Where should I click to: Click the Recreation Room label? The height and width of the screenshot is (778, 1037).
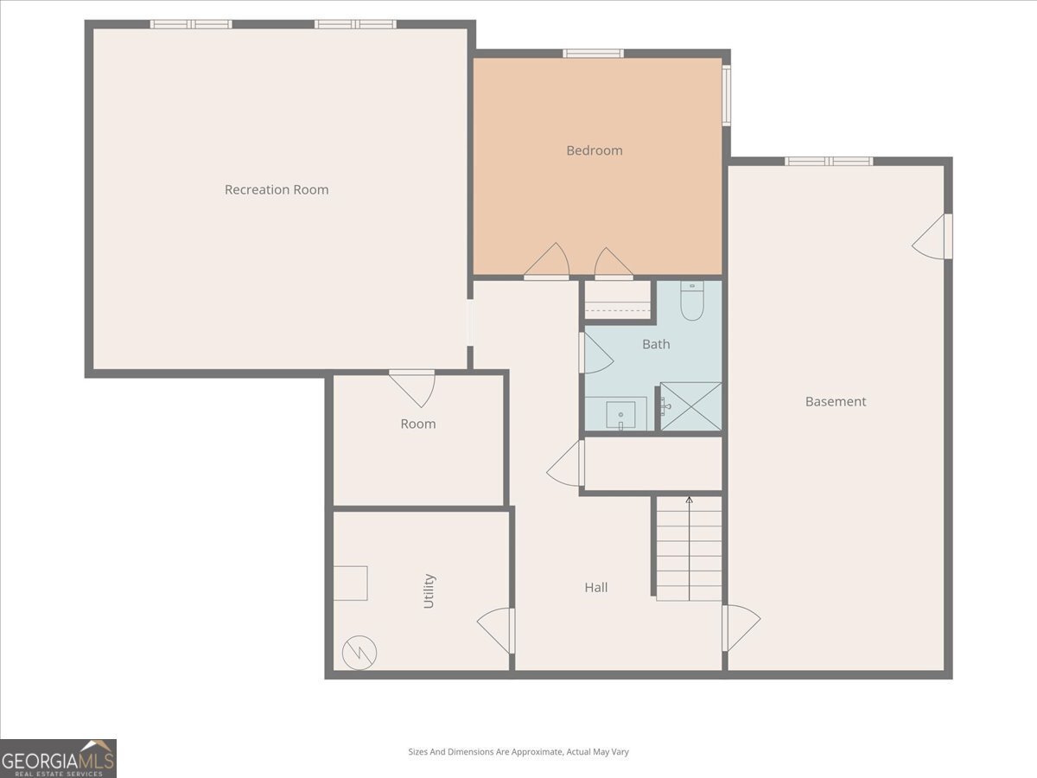click(x=277, y=189)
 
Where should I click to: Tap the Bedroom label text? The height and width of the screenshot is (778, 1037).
click(x=595, y=150)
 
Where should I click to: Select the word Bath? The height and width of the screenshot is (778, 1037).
click(x=656, y=344)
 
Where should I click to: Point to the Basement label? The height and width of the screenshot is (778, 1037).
click(x=836, y=401)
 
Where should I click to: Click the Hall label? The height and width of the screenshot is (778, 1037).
click(x=595, y=587)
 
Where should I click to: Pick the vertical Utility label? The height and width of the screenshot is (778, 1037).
click(x=429, y=591)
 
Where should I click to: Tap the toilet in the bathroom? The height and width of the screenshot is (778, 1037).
click(x=692, y=301)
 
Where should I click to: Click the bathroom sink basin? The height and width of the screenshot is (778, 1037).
click(x=620, y=415)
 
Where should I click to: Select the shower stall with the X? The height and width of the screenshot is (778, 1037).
click(x=690, y=406)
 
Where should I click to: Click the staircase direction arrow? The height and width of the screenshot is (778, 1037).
click(x=690, y=548)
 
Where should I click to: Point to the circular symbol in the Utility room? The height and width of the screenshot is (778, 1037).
click(x=359, y=653)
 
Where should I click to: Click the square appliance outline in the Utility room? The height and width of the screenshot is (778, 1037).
click(x=351, y=583)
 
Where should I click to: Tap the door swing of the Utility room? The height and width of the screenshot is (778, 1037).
click(x=495, y=631)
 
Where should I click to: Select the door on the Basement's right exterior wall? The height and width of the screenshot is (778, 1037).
click(x=932, y=236)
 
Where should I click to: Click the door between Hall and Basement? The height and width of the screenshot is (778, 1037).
click(x=741, y=628)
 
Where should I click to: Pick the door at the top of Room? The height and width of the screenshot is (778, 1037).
click(x=412, y=389)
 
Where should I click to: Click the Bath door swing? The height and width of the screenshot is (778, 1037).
click(x=596, y=353)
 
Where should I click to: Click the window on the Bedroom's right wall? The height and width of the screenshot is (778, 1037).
click(x=727, y=95)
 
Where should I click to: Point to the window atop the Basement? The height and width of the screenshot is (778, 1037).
click(x=829, y=161)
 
